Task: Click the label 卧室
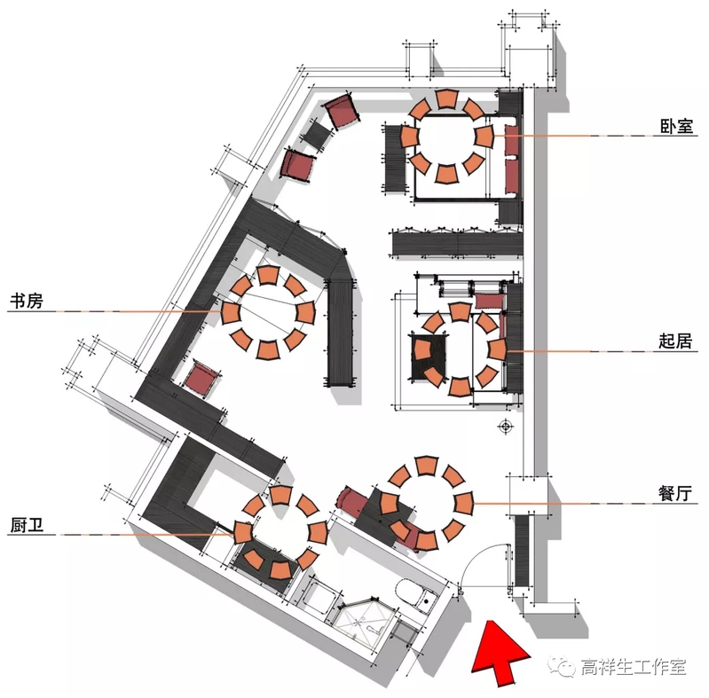click(672, 128)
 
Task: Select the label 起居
click(672, 341)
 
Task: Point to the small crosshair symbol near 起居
click(507, 427)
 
